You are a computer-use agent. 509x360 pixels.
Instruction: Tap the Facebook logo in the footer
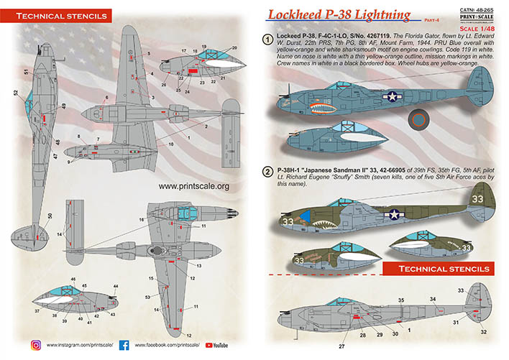pos(124,346)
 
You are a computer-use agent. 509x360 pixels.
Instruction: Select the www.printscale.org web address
pos(193,186)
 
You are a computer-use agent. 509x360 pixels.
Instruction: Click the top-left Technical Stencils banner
pos(55,14)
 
